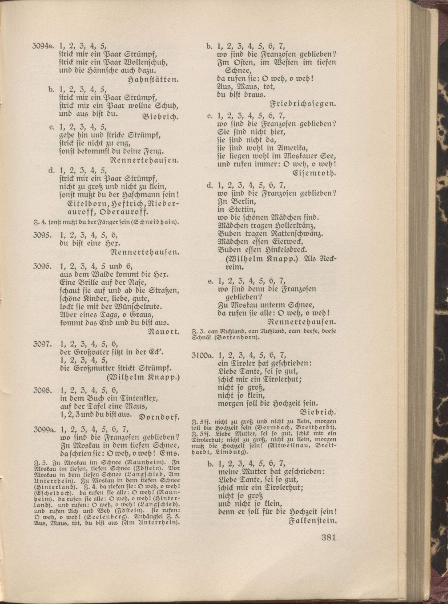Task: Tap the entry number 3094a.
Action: (x=42, y=46)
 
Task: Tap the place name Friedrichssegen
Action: (x=303, y=104)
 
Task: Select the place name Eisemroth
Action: (x=314, y=173)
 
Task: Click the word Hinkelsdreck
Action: (x=283, y=250)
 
